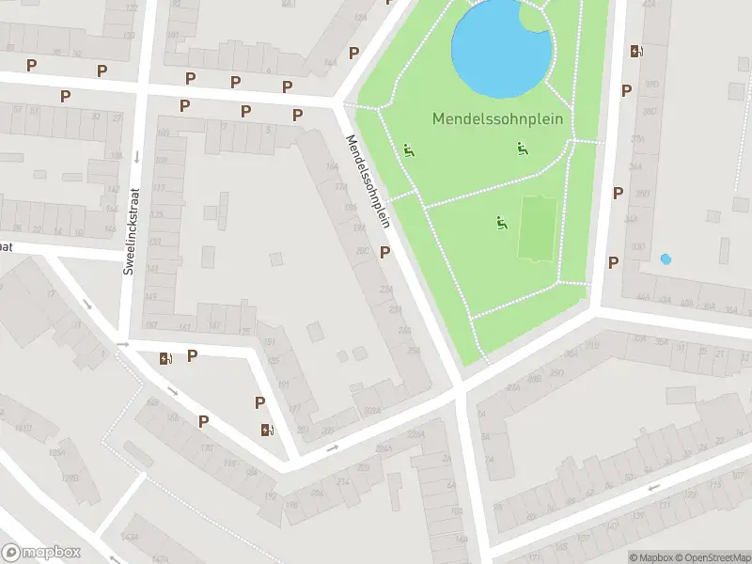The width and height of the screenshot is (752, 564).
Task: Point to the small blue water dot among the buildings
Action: tap(666, 258)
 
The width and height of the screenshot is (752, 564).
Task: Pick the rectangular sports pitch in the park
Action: tap(537, 229)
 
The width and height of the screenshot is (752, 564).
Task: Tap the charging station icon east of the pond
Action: tap(637, 52)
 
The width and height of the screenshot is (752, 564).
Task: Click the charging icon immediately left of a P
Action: tap(166, 357)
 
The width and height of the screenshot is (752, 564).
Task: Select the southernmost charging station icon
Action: tap(267, 431)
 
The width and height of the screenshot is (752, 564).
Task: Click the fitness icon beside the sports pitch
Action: tap(501, 223)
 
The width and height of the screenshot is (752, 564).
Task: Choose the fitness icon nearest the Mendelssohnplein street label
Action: tap(408, 150)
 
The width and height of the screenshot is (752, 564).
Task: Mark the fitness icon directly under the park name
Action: tap(523, 148)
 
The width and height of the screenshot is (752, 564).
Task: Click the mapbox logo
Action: tap(41, 553)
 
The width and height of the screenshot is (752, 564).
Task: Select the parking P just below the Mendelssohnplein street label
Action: tap(384, 252)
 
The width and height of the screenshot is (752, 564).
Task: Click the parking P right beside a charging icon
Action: tap(192, 355)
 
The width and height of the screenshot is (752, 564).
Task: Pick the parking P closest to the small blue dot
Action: tap(613, 263)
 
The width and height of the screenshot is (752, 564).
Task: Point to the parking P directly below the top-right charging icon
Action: tap(626, 90)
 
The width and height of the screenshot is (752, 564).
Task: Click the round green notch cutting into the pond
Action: tap(537, 18)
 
